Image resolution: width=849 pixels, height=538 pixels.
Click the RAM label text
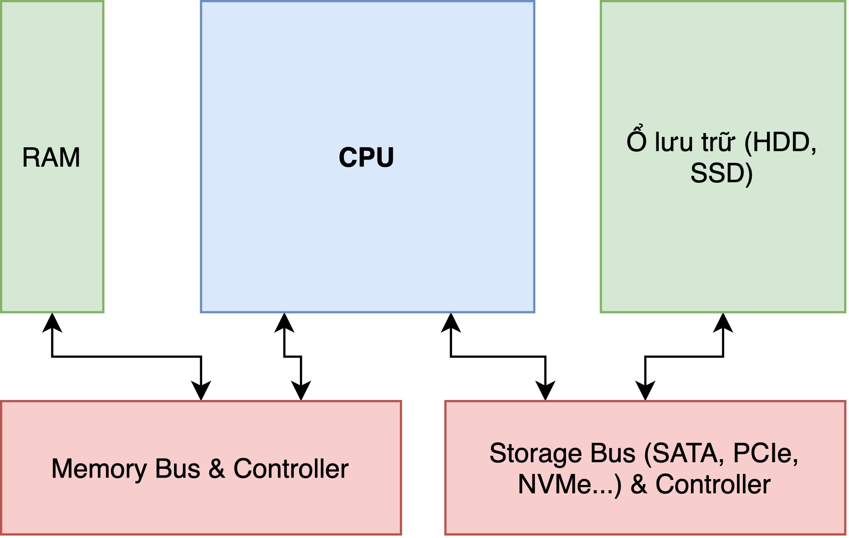(51, 158)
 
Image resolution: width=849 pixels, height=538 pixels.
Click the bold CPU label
(366, 158)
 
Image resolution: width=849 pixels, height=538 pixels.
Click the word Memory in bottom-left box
(99, 469)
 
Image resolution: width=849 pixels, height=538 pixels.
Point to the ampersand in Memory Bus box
(217, 469)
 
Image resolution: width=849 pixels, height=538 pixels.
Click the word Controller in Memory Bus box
(291, 469)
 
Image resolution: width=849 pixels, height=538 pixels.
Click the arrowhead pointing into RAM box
(52, 323)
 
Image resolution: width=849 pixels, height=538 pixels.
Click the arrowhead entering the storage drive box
(723, 323)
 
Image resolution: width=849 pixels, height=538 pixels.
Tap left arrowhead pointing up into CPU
(284, 323)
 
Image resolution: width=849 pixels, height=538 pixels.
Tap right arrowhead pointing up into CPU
(451, 323)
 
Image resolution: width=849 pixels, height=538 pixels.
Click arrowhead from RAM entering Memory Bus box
(201, 390)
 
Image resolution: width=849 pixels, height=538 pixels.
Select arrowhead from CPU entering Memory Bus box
(301, 390)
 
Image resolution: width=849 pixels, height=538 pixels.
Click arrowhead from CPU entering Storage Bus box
(545, 390)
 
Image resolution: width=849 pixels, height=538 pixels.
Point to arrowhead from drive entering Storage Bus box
(645, 390)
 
